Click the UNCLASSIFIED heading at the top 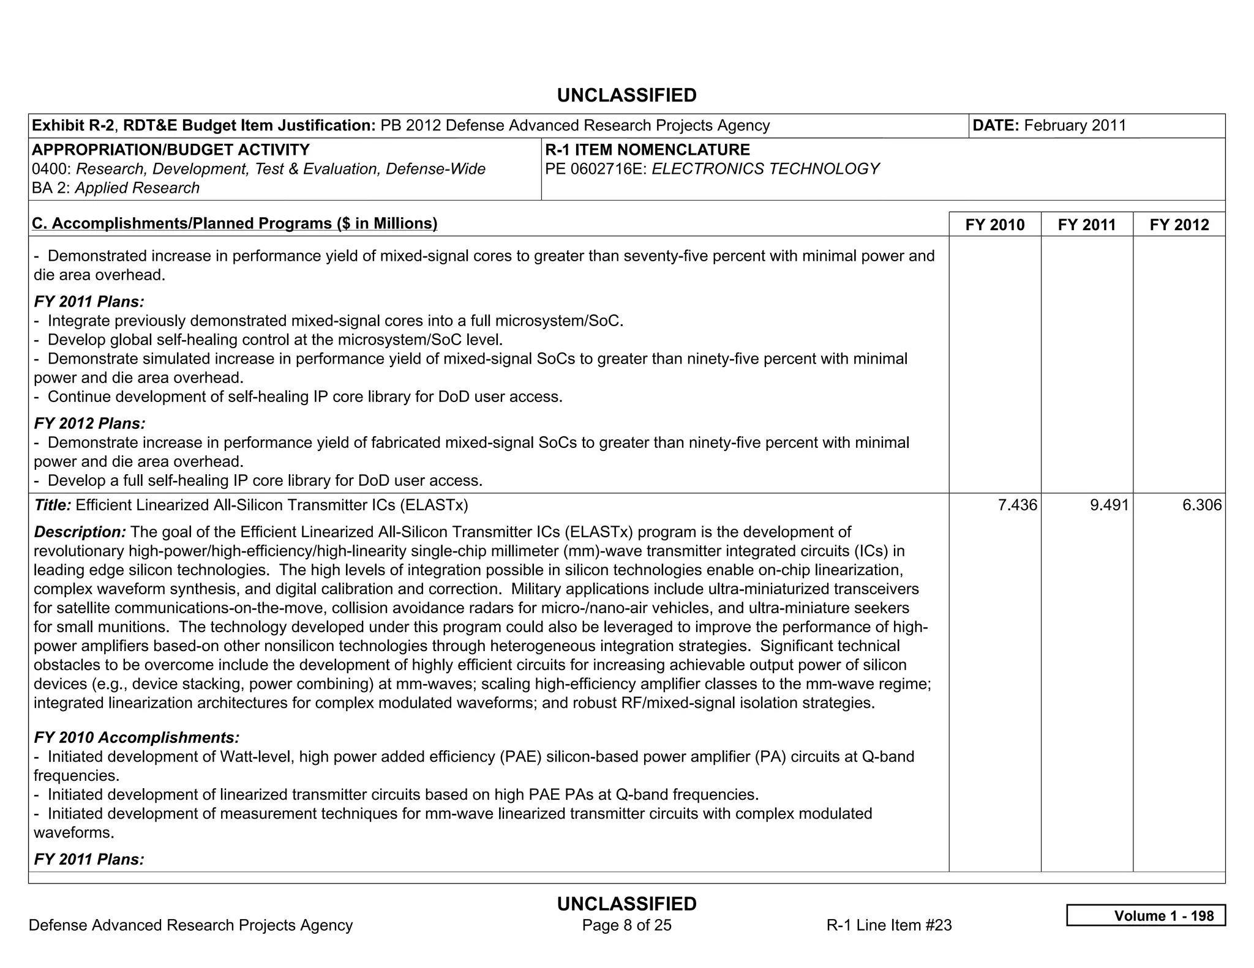pos(626,95)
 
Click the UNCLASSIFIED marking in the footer pos(626,904)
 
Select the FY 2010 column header pos(994,225)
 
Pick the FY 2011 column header pos(1086,225)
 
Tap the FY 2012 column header pos(1179,225)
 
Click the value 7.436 pos(1017,505)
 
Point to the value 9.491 pos(1109,505)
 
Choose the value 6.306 pos(1201,505)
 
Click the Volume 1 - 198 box pos(1146,915)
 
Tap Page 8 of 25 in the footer pos(626,925)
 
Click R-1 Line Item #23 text pos(888,925)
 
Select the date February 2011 pos(1075,125)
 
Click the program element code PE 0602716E pos(596,169)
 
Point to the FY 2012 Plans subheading pos(89,423)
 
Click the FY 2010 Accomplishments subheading pos(137,737)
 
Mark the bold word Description pos(80,532)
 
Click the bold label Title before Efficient pos(53,505)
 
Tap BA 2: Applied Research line pos(116,188)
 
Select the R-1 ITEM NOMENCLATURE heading pos(647,150)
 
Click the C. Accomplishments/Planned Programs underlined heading pos(235,223)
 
